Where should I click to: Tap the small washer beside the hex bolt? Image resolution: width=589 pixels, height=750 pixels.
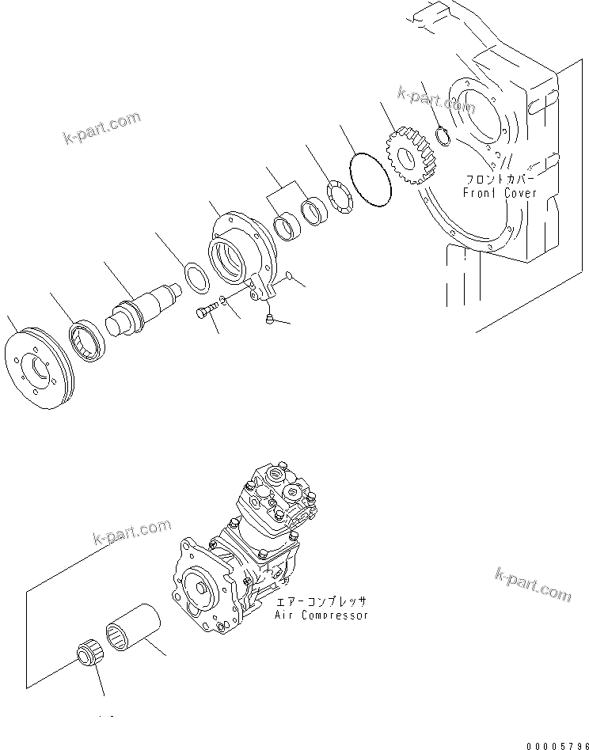point(225,301)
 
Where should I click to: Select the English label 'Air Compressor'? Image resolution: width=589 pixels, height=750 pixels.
point(321,615)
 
